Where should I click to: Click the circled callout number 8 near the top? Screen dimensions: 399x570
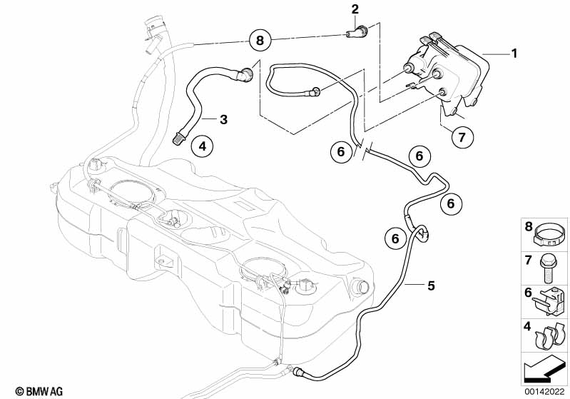click(260, 41)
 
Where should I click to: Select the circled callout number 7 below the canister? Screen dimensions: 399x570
click(461, 136)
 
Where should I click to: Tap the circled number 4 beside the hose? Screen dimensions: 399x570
click(202, 147)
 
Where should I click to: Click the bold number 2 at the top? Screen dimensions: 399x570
click(355, 9)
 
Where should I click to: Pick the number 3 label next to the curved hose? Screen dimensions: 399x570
click(223, 119)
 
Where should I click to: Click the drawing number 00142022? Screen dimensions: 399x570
click(542, 392)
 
